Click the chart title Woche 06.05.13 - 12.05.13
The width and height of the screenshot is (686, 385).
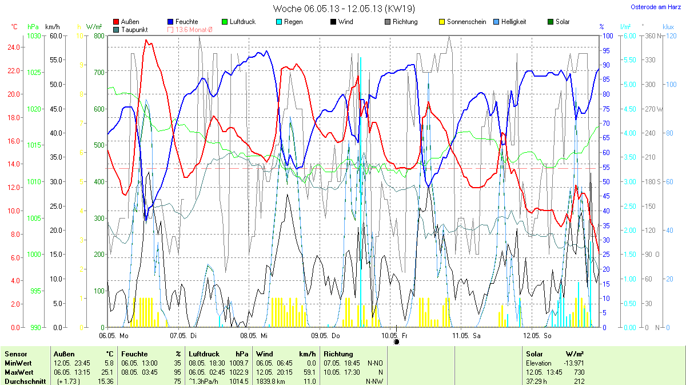coord(344,9)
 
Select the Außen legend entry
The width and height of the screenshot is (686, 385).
coord(130,22)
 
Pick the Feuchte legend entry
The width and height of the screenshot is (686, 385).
coord(186,22)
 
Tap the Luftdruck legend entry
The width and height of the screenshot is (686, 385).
coord(242,22)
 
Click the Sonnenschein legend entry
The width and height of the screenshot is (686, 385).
coord(466,22)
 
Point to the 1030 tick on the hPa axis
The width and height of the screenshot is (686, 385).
coord(34,35)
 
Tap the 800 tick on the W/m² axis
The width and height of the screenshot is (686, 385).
coord(99,35)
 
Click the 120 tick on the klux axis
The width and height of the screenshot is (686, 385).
coord(670,35)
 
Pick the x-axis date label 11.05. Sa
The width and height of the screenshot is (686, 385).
coord(466,335)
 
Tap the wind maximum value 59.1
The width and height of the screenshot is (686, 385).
coord(309,372)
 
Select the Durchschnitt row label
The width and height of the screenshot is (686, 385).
coord(25,381)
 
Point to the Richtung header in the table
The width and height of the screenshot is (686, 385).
coord(338,354)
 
